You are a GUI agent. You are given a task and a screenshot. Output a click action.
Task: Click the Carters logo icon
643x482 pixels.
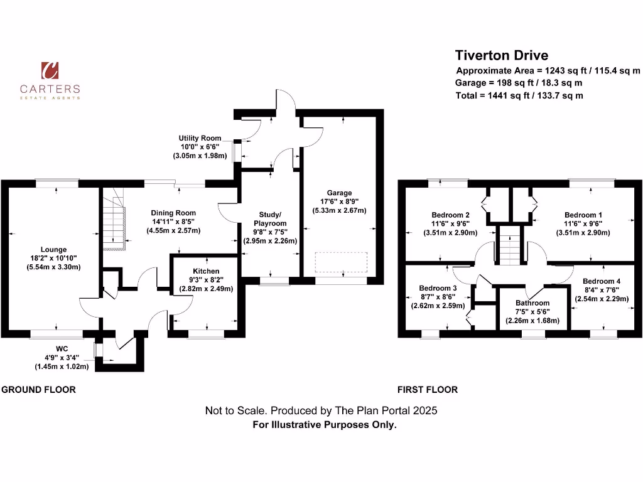coord(50,71)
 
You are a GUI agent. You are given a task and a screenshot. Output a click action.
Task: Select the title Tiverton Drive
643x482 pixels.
coord(501,55)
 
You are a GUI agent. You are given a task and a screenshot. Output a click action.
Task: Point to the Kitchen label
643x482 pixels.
coord(206,271)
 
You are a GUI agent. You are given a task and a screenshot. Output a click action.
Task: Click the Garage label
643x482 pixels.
coord(339,193)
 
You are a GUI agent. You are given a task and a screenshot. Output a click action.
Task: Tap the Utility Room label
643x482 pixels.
coord(200,138)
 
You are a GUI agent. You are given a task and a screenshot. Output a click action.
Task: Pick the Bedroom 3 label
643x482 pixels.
coord(438,289)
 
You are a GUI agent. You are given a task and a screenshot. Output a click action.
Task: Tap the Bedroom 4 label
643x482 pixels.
coord(601,281)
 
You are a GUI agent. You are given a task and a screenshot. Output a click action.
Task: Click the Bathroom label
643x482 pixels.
coord(532,303)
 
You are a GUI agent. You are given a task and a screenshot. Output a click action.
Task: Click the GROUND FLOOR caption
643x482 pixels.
coord(39,390)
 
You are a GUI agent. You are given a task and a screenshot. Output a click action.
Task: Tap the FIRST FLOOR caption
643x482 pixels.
coord(428,390)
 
